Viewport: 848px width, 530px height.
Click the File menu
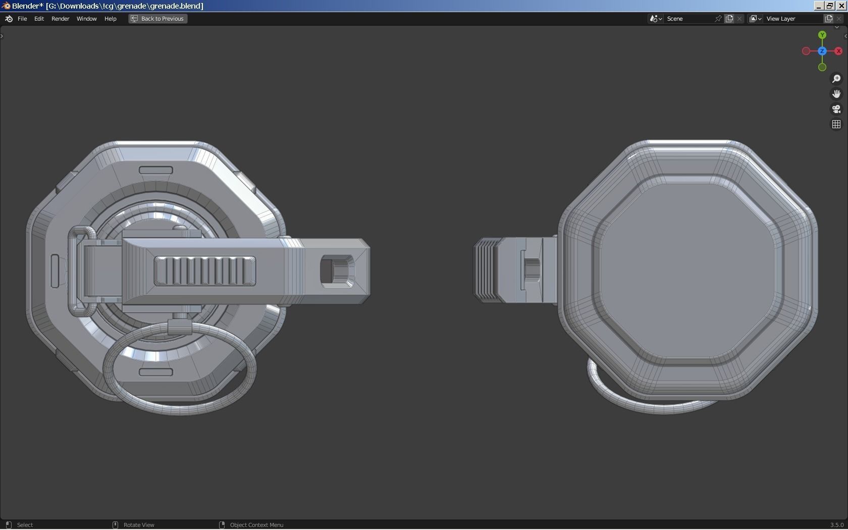coord(22,19)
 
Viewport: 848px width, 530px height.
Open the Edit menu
coord(39,19)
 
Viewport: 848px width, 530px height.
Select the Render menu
coord(60,19)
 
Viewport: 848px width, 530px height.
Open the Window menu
coord(86,19)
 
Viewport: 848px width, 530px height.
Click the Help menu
coord(110,19)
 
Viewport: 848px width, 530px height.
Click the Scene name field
coord(689,19)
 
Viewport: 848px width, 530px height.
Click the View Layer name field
coord(792,19)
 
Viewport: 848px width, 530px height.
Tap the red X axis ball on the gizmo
coord(838,51)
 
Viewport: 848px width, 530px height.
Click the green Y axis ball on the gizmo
coord(822,35)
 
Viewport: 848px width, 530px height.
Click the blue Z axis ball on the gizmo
coord(822,51)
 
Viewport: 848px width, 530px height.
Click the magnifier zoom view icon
coord(836,79)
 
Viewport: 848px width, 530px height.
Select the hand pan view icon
coord(836,94)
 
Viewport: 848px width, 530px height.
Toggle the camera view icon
coord(836,109)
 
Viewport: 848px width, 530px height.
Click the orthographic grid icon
coord(836,124)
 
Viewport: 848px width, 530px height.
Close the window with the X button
coord(841,6)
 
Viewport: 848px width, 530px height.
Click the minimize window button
coord(818,6)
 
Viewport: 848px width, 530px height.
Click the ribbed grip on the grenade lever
coord(204,271)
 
